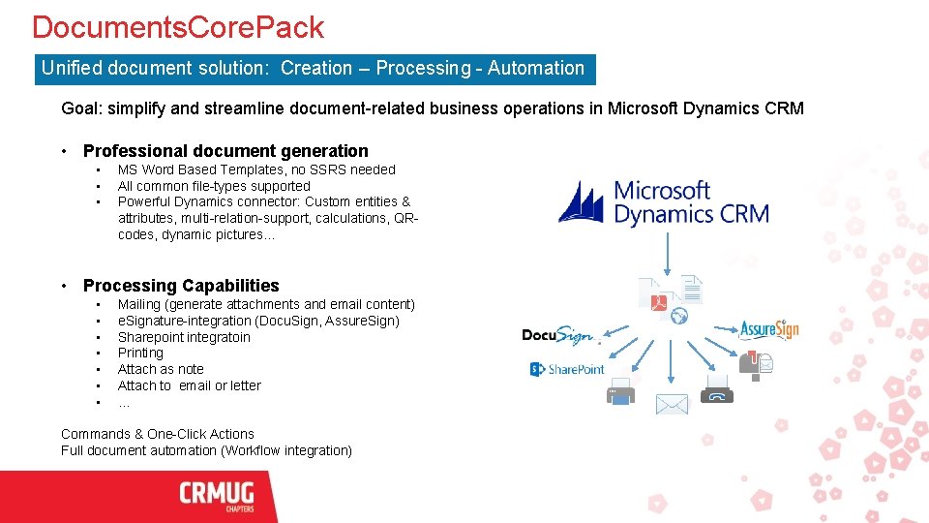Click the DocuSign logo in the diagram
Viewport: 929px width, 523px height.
(556, 335)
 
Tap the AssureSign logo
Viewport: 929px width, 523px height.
(768, 329)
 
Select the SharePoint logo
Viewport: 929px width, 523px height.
(567, 369)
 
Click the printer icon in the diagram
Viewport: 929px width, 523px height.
(619, 391)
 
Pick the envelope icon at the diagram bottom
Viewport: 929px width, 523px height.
(672, 404)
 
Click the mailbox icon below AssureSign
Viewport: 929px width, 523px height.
(755, 362)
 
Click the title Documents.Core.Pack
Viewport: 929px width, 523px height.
(178, 27)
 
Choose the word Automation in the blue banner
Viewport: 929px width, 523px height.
(536, 69)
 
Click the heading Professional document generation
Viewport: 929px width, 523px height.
(225, 151)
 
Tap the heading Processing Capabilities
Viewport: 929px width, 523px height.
(181, 286)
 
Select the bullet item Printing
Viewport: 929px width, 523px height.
(140, 354)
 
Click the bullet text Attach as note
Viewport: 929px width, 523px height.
(161, 369)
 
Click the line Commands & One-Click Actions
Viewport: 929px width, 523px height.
(158, 434)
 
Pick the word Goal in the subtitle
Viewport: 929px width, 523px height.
(79, 108)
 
